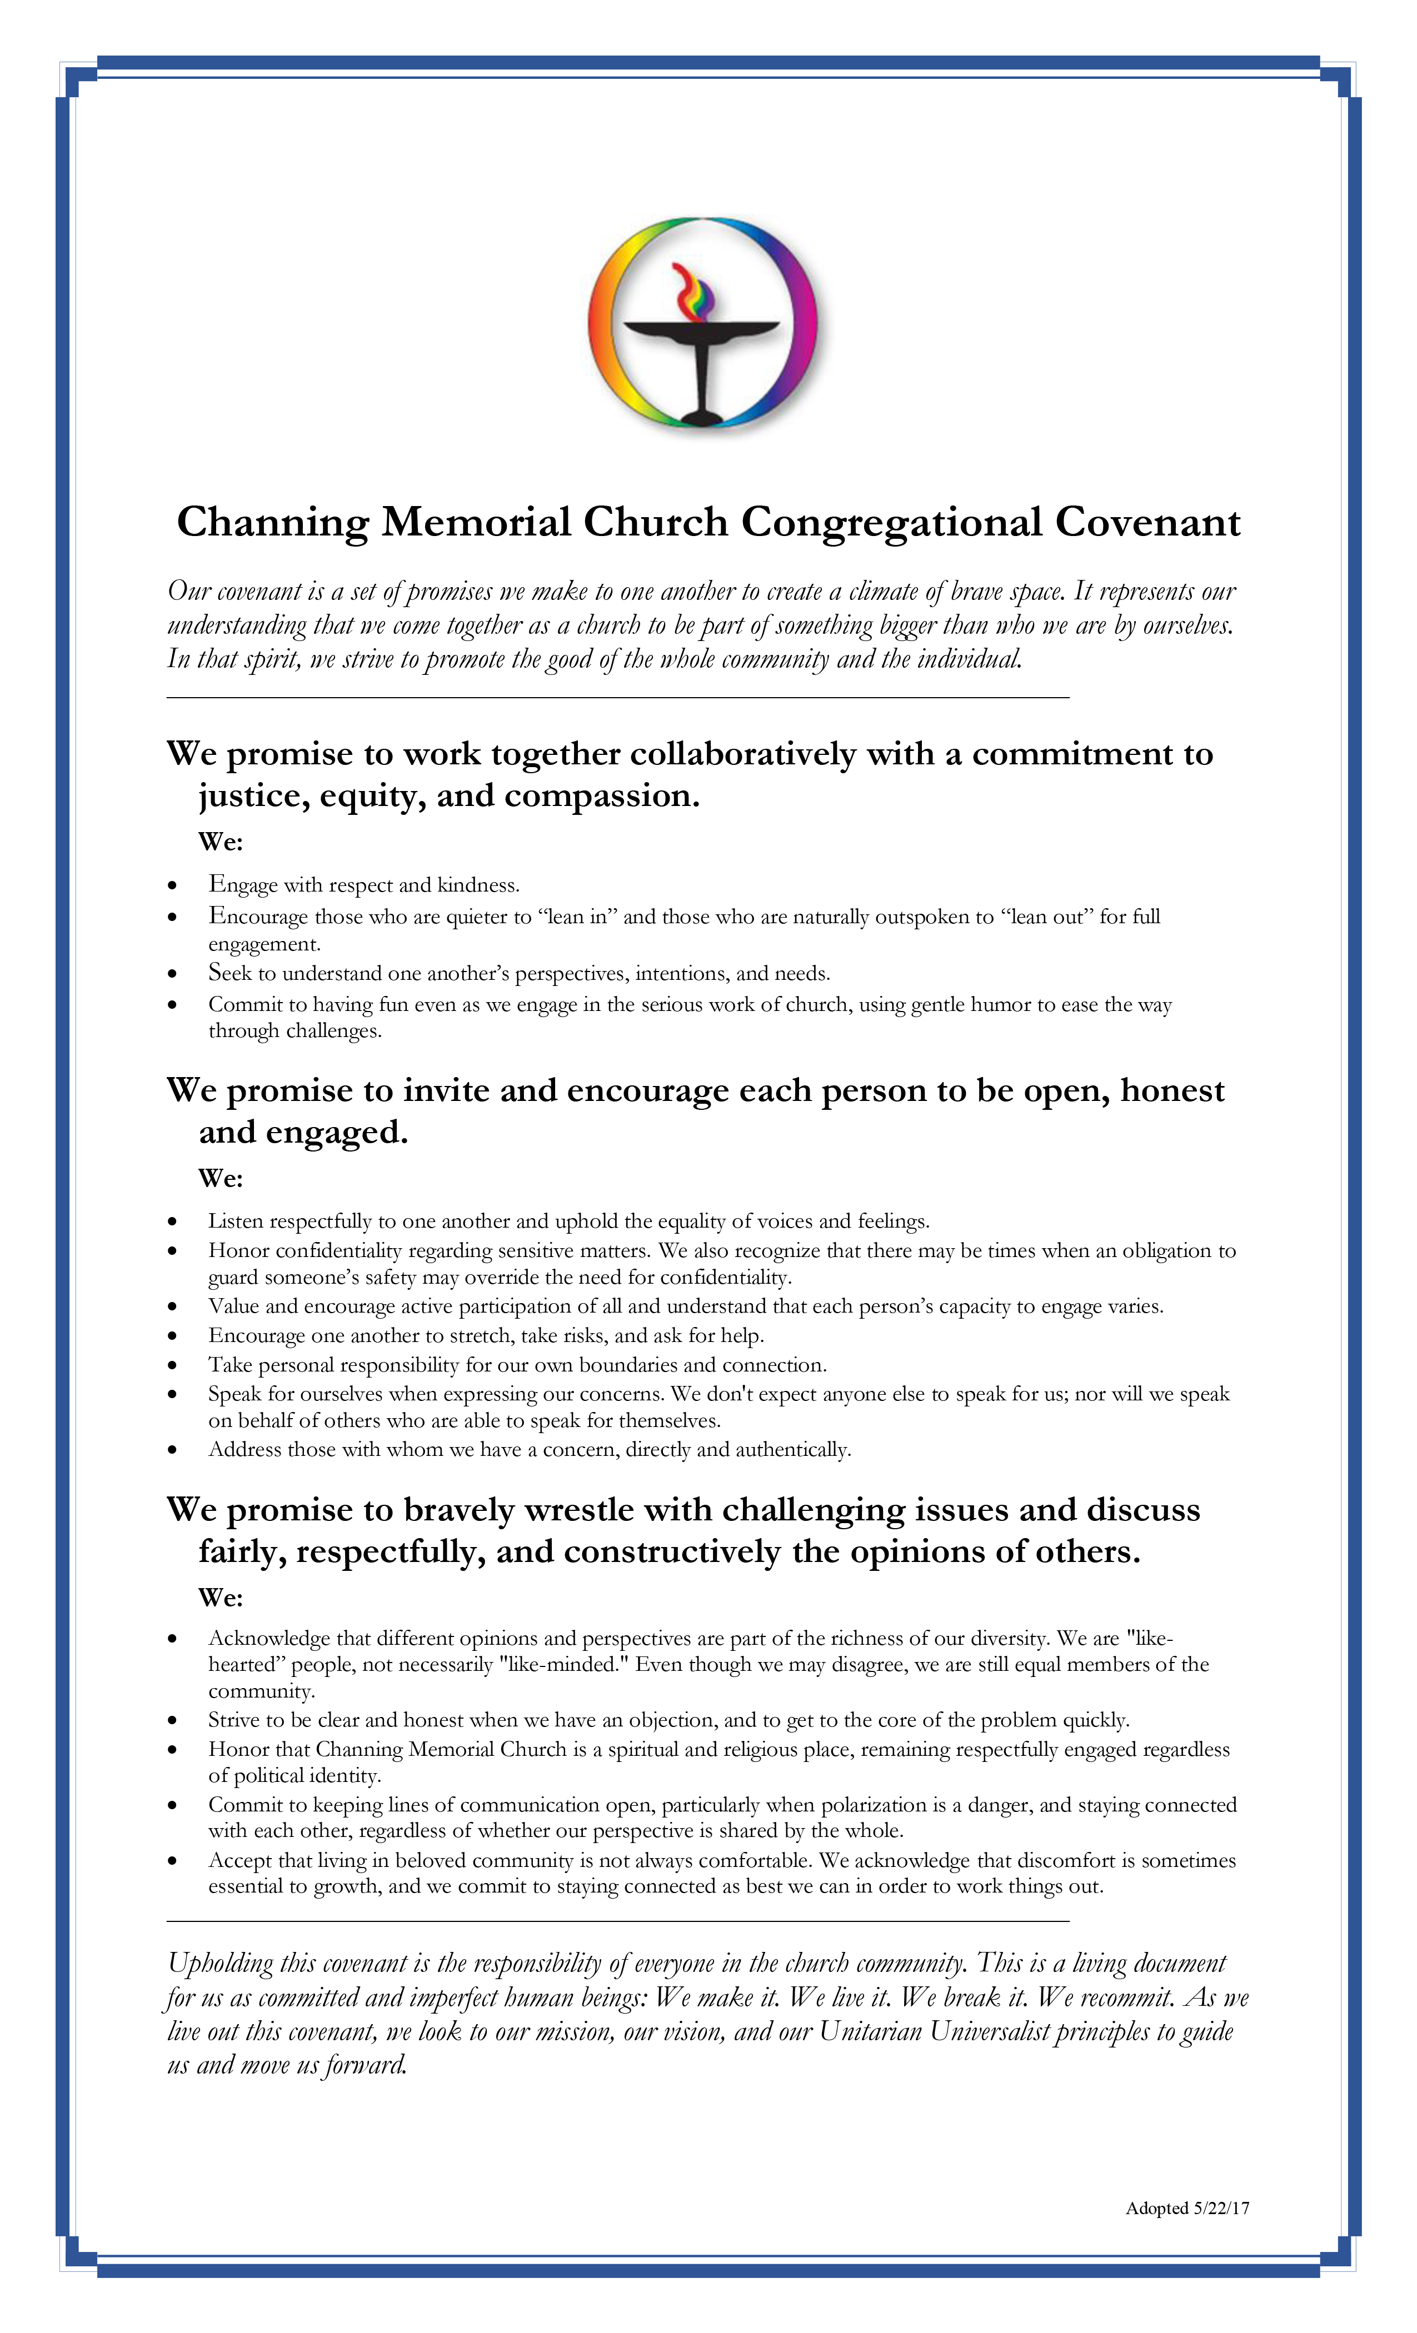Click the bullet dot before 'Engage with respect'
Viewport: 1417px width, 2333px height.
(172, 886)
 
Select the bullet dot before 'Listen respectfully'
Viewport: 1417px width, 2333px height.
(172, 1223)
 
